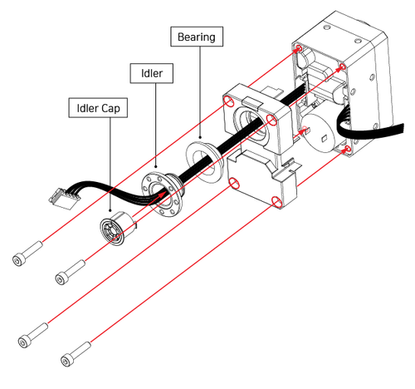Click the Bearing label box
[x=197, y=37]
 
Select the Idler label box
[x=152, y=73]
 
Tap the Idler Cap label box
[x=98, y=107]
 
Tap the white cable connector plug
[x=64, y=199]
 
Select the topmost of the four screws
[x=27, y=254]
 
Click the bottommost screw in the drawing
[x=76, y=354]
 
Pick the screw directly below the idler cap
[x=71, y=272]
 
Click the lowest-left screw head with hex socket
[x=23, y=342]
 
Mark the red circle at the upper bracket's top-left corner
[x=229, y=101]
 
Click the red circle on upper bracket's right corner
[x=271, y=121]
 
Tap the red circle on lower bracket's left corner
[x=234, y=183]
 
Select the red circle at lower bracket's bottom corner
[x=276, y=202]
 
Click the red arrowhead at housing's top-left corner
[x=298, y=49]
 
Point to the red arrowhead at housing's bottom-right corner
[x=346, y=150]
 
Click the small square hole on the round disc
[x=325, y=138]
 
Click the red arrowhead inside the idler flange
[x=163, y=193]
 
